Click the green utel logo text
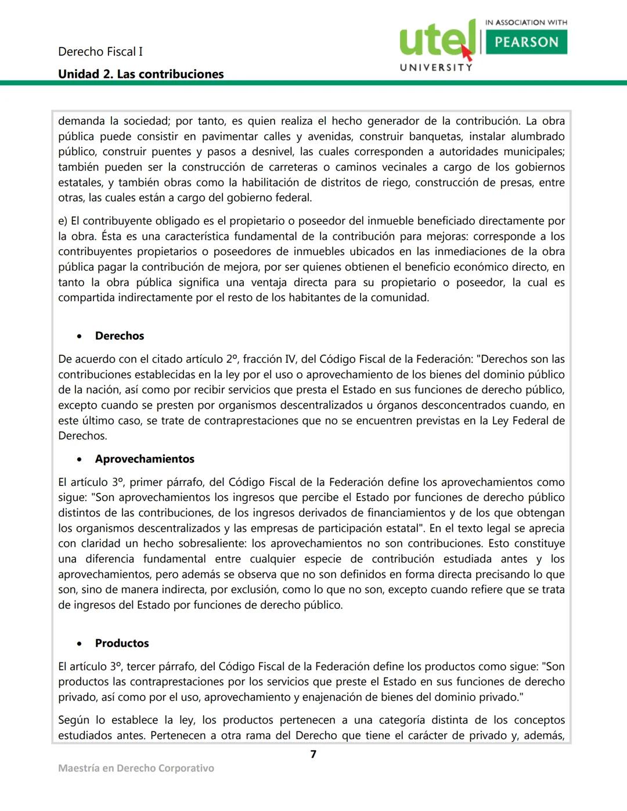[435, 39]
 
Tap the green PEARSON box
[526, 42]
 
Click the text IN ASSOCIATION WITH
[526, 23]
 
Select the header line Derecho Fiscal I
[100, 52]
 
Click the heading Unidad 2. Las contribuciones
[140, 74]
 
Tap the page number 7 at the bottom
[313, 754]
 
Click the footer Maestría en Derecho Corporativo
[136, 768]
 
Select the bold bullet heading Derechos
[120, 336]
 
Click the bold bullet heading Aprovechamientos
[145, 459]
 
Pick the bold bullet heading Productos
[122, 643]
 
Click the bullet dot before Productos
[80, 644]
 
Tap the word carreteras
[286, 167]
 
